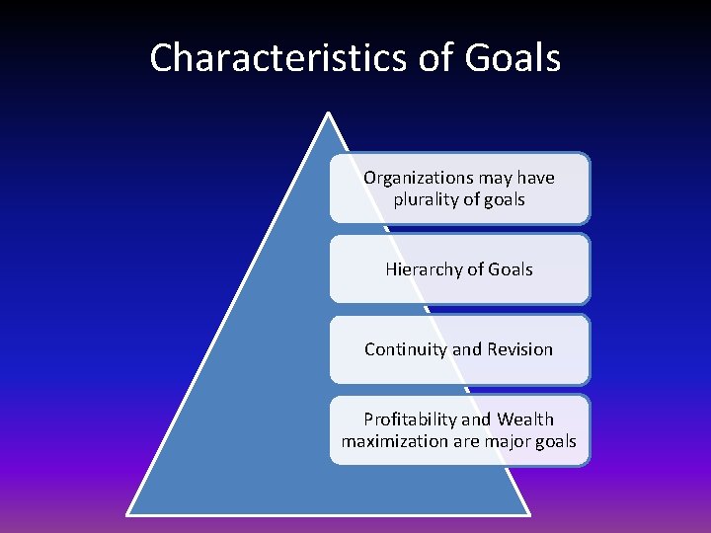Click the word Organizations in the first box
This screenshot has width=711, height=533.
[418, 178]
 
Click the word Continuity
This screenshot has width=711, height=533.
[406, 349]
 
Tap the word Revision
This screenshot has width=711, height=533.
[519, 349]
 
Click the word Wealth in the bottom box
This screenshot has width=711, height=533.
[526, 419]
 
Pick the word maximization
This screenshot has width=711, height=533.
[395, 441]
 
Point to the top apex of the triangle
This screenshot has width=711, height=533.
[327, 114]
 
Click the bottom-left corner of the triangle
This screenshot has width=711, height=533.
[128, 513]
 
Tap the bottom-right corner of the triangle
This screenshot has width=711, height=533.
[528, 513]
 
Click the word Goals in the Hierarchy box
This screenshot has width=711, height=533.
[511, 269]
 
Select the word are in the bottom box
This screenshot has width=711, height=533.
[467, 441]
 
